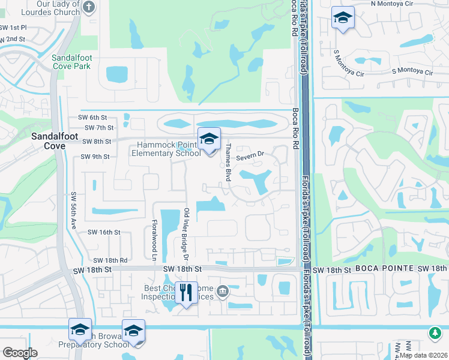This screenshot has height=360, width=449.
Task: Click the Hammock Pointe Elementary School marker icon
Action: click(x=209, y=139)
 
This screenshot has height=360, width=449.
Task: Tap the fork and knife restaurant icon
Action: click(x=186, y=292)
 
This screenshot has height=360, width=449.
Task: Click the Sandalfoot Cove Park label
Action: click(x=71, y=62)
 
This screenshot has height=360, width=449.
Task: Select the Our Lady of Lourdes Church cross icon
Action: click(x=89, y=7)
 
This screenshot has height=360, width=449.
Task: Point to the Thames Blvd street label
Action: click(x=228, y=163)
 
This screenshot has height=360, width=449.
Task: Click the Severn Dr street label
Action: click(x=250, y=157)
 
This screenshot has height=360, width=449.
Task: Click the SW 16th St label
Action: click(x=104, y=232)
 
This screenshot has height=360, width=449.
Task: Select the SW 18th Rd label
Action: click(x=110, y=260)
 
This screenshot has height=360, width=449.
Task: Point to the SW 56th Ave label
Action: click(x=74, y=211)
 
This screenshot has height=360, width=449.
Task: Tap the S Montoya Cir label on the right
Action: click(x=412, y=71)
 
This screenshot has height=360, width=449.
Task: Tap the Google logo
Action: click(x=20, y=353)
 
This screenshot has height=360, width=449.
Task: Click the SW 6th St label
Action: click(x=96, y=118)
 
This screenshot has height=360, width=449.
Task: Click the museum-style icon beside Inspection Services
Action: click(x=223, y=291)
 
